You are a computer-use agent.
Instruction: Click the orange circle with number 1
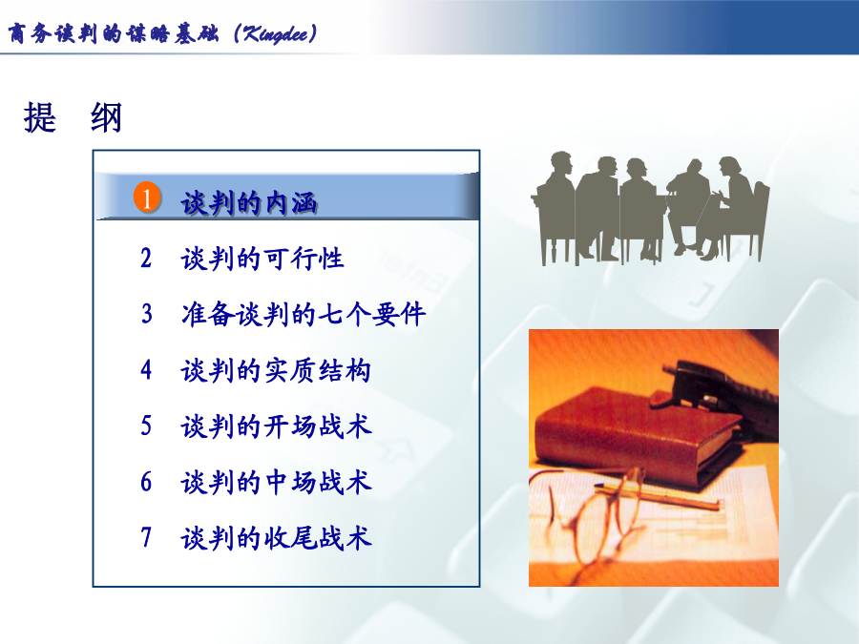point(147,197)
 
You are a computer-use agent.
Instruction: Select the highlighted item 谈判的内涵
point(249,203)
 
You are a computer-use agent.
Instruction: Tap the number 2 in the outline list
point(146,258)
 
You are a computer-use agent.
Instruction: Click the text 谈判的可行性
point(262,259)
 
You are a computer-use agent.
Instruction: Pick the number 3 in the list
point(146,314)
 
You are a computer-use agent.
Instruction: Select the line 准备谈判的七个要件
point(304,314)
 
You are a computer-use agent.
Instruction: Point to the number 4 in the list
point(146,369)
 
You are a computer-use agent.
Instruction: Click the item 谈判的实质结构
point(276,370)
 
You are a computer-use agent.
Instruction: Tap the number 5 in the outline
point(146,426)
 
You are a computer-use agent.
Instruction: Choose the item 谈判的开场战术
point(276,426)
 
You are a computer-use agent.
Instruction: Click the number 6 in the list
point(146,482)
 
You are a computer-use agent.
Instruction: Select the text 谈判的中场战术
point(276,483)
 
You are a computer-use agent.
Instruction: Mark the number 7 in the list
point(146,537)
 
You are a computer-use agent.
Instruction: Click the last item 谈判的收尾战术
point(276,538)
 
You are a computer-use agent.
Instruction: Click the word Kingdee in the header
point(276,34)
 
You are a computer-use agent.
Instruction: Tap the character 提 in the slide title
point(40,117)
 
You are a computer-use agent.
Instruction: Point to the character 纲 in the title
point(106,117)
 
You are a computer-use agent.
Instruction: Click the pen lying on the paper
point(658,495)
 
